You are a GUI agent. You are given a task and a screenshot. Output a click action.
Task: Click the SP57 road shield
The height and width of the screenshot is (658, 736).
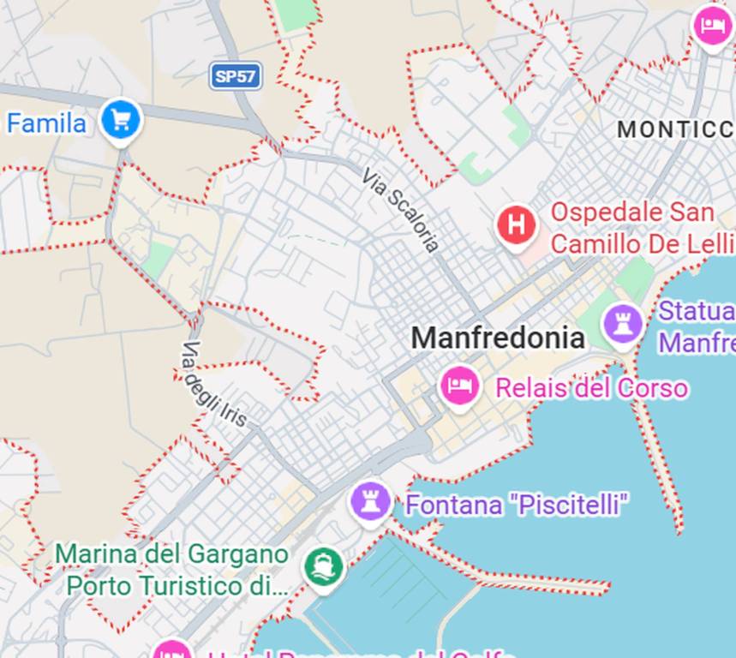[236, 76]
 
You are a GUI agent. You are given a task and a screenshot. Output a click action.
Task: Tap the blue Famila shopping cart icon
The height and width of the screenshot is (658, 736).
[120, 121]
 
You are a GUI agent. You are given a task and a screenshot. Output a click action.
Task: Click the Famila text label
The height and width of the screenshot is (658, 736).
[47, 123]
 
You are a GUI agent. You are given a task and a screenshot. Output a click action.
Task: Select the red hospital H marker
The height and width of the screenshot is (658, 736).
[517, 225]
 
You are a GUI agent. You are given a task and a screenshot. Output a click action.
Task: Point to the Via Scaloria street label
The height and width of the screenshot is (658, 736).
[401, 210]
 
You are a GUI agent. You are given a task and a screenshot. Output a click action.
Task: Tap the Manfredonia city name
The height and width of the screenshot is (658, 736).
[498, 338]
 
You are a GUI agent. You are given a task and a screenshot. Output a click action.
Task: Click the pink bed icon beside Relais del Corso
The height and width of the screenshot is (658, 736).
[459, 386]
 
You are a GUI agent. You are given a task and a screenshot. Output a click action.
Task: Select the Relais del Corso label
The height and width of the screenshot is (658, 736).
[591, 388]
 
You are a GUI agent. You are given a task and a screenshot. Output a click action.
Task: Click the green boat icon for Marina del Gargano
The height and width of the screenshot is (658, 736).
[323, 566]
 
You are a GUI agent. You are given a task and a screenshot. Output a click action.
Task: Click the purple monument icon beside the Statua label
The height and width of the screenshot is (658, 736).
[623, 324]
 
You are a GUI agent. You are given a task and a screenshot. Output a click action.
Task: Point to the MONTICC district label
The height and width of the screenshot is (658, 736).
[675, 129]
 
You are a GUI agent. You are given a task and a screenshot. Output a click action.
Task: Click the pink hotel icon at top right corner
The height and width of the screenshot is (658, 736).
[711, 26]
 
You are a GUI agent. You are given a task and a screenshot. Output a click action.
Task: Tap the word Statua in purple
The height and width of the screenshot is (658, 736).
[697, 310]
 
